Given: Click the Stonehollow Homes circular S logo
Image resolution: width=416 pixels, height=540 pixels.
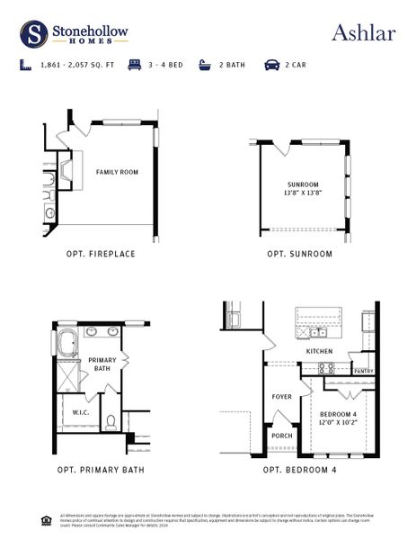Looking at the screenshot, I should tap(33, 33).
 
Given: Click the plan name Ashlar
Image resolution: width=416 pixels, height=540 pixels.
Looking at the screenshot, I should tap(363, 32).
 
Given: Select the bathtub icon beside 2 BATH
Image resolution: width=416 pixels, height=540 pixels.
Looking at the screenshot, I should tap(204, 66).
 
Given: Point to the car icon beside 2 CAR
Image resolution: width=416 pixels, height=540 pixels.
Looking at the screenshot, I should tap(270, 66).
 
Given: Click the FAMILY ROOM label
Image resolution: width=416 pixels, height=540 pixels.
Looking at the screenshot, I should tap(117, 171).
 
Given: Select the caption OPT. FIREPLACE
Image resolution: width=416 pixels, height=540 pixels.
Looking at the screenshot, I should tap(101, 254).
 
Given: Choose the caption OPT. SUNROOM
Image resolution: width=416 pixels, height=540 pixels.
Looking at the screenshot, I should tap(299, 254).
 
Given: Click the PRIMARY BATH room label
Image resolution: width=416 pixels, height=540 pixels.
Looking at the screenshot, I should tap(100, 364).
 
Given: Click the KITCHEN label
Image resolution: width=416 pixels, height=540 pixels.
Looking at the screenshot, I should tap(319, 351).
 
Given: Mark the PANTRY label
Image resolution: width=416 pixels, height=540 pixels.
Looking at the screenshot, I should tap(363, 371).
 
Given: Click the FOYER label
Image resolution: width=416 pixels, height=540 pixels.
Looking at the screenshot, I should tap(281, 397).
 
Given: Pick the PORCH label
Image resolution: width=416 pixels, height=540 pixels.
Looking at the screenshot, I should tap(280, 437).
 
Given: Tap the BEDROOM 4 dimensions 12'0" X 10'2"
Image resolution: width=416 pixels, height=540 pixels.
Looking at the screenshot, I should tap(338, 421).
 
